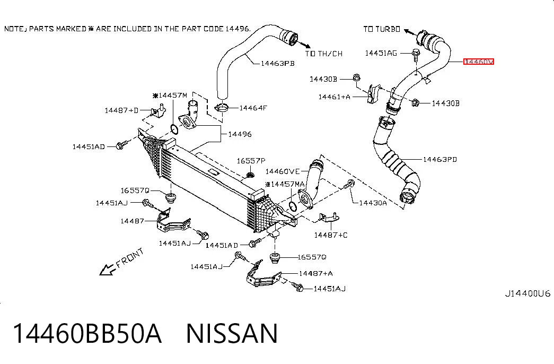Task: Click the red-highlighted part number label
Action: click(478, 62)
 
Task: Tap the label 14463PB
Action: click(278, 64)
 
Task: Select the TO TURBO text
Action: click(382, 29)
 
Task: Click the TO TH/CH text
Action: click(323, 54)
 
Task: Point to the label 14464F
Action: click(253, 108)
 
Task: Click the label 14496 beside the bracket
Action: click(240, 134)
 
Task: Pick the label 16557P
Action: click(251, 161)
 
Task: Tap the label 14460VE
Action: click(282, 171)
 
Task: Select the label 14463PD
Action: click(440, 160)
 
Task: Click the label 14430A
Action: click(373, 203)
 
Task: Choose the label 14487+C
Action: click(331, 235)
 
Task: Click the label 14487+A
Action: click(315, 273)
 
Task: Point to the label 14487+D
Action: click(121, 110)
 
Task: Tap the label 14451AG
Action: click(381, 53)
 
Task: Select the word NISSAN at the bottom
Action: click(232, 333)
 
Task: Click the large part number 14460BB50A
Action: click(87, 333)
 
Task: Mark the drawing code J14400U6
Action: click(527, 293)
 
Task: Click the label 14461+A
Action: click(334, 97)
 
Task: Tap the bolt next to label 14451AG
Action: click(416, 55)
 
